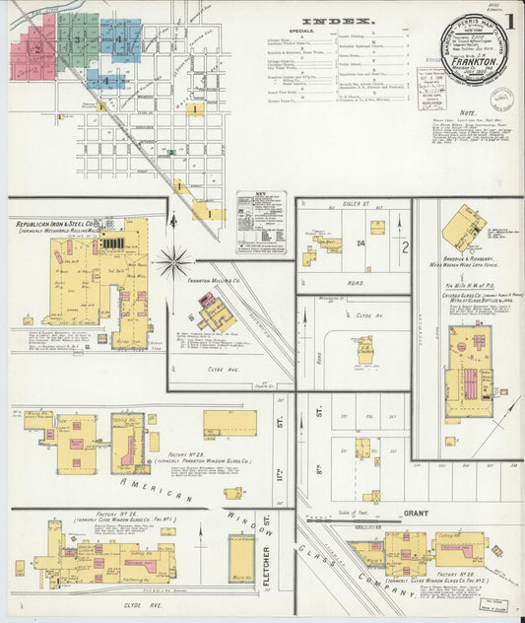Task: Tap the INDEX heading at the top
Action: coord(338,21)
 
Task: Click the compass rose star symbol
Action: coord(173,262)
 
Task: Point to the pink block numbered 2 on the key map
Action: coord(35,45)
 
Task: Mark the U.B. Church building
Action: coord(363,346)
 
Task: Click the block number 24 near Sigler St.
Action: coord(361,242)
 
